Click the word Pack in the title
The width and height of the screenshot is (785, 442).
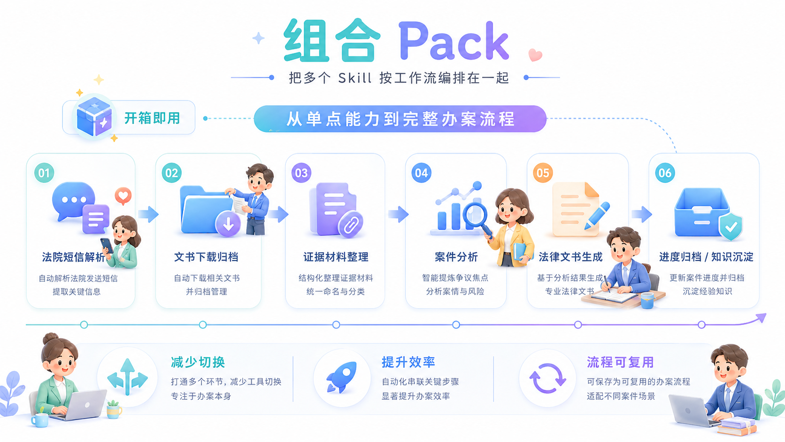click(x=454, y=41)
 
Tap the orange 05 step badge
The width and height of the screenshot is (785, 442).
click(x=543, y=173)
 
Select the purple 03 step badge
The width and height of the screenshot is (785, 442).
click(x=301, y=173)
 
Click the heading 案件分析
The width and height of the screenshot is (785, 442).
click(x=456, y=257)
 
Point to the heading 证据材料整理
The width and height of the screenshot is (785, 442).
click(x=336, y=257)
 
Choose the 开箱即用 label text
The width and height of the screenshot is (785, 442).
click(x=152, y=118)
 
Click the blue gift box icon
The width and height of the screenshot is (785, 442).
click(x=94, y=117)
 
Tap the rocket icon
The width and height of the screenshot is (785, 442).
click(x=341, y=377)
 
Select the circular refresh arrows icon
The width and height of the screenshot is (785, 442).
click(x=547, y=379)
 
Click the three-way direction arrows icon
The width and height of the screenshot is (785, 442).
click(x=128, y=377)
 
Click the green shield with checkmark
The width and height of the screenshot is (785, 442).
click(x=731, y=227)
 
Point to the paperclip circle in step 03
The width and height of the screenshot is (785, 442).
click(x=350, y=225)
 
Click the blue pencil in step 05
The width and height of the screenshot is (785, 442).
click(x=597, y=216)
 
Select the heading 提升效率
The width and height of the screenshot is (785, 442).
click(x=408, y=362)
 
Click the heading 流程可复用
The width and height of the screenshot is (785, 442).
click(x=620, y=362)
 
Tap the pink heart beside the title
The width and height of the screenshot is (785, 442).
click(x=535, y=54)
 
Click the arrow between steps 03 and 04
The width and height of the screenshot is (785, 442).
click(x=399, y=214)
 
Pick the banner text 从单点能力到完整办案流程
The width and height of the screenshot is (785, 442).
click(x=400, y=119)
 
